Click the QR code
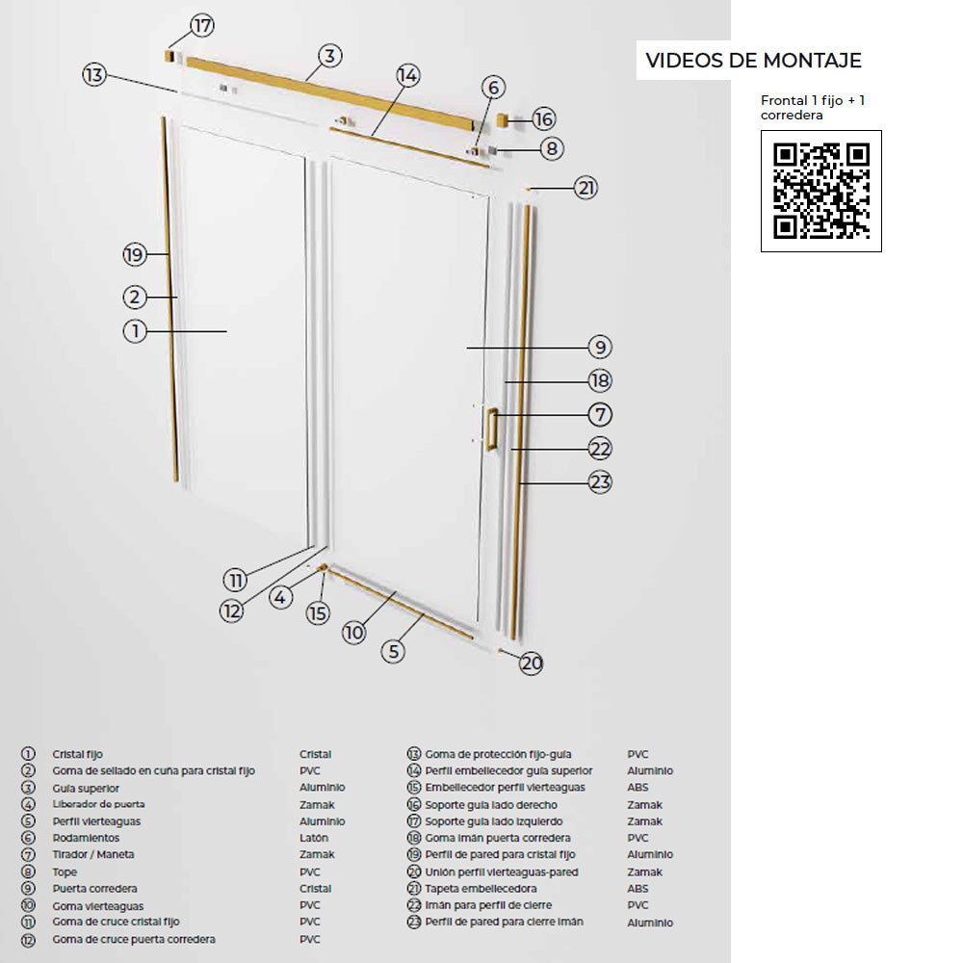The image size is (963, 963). pos(821,191)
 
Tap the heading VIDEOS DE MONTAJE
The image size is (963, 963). pos(754,60)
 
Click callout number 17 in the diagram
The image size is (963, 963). pos(202,26)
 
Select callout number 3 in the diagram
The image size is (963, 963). pos(329,56)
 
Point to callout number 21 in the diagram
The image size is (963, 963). pos(586,188)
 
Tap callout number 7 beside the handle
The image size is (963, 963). pos(600,414)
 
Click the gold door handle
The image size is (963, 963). pos(491,429)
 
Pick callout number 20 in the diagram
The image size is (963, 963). pos(532,664)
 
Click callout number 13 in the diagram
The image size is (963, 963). pos(94,75)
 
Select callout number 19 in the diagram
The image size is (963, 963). pos(135,254)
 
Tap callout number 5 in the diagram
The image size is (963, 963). pos(393,652)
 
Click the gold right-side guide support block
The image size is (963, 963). pos(503,119)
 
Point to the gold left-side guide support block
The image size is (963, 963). pos(170,57)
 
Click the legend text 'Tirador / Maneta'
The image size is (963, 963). pos(93,854)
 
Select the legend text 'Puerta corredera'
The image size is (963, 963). pos(94,889)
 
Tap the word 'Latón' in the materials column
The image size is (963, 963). pos(314,838)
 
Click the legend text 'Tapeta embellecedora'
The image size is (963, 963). pos(481,889)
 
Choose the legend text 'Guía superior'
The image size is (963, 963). pos(86,788)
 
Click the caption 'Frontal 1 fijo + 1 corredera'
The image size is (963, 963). pos(813,108)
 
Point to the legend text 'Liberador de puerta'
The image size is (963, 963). pos(99,804)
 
